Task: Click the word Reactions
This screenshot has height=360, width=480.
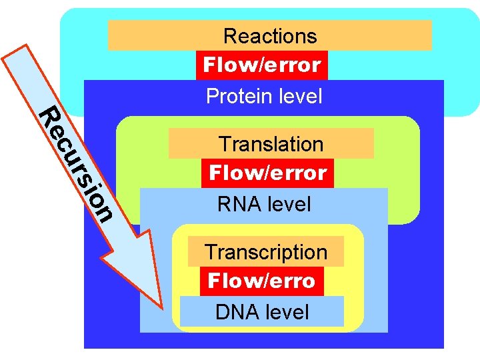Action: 270,36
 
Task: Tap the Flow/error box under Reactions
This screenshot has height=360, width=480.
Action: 262,65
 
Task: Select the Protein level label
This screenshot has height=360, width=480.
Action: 264,97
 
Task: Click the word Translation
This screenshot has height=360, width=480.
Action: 271,144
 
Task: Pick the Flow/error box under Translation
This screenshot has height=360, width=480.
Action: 267,173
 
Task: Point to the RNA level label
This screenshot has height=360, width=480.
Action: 264,204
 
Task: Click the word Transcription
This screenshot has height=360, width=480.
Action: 265,252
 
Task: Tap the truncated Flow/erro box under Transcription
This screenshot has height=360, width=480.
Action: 261,281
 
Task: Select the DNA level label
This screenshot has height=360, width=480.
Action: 262,312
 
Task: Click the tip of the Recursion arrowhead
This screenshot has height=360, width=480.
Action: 162,307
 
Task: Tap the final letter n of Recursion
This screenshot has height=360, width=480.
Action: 102,212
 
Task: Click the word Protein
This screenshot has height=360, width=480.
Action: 234,97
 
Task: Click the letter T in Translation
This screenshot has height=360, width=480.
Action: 225,144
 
